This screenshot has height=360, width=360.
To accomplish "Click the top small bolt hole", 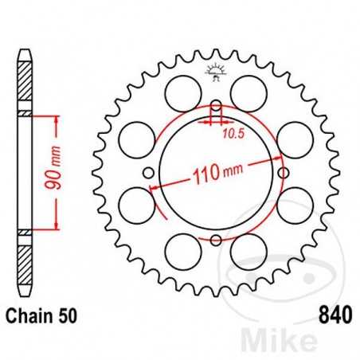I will [215, 108].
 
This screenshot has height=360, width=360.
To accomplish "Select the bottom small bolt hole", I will [215, 240].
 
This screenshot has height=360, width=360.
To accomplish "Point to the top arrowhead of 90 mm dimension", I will [57, 119].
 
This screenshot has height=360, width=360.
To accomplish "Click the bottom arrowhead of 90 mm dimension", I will [57, 227].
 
